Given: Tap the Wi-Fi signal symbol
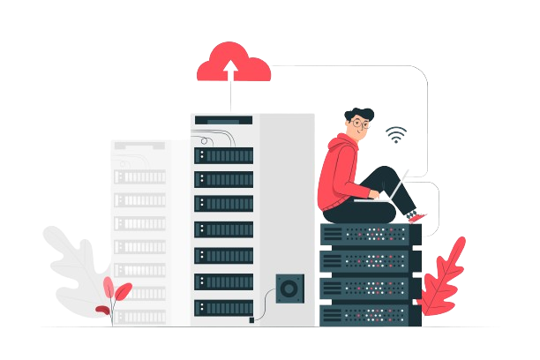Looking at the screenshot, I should click(x=396, y=135).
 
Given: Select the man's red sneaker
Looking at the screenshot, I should click(x=417, y=217).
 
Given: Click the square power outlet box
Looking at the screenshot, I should click(x=288, y=288).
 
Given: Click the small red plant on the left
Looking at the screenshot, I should click(x=115, y=296).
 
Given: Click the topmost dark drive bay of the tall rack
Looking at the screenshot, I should click(x=223, y=155).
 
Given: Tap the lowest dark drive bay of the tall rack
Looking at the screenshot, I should click(x=223, y=307).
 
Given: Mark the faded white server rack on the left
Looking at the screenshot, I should click(x=139, y=229).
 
